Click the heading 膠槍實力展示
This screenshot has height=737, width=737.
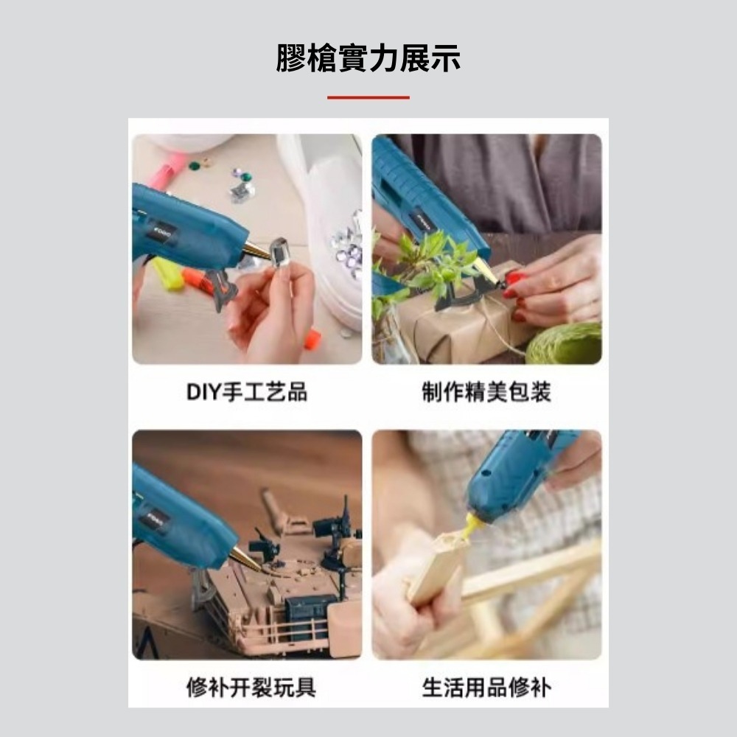(x=368, y=57)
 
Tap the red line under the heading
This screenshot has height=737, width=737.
(x=368, y=97)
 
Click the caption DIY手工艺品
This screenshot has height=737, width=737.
(x=247, y=391)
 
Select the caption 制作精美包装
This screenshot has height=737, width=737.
(x=486, y=391)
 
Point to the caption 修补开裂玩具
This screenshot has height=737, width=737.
(x=251, y=687)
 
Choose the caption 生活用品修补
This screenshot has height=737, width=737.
(x=486, y=687)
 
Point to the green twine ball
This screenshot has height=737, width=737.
(x=564, y=343)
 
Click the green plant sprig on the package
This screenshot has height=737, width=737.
(x=423, y=263)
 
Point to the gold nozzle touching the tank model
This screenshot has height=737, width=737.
(x=245, y=560)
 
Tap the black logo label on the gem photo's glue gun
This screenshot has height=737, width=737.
(x=164, y=234)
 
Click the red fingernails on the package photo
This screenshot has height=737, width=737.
(x=513, y=294)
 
